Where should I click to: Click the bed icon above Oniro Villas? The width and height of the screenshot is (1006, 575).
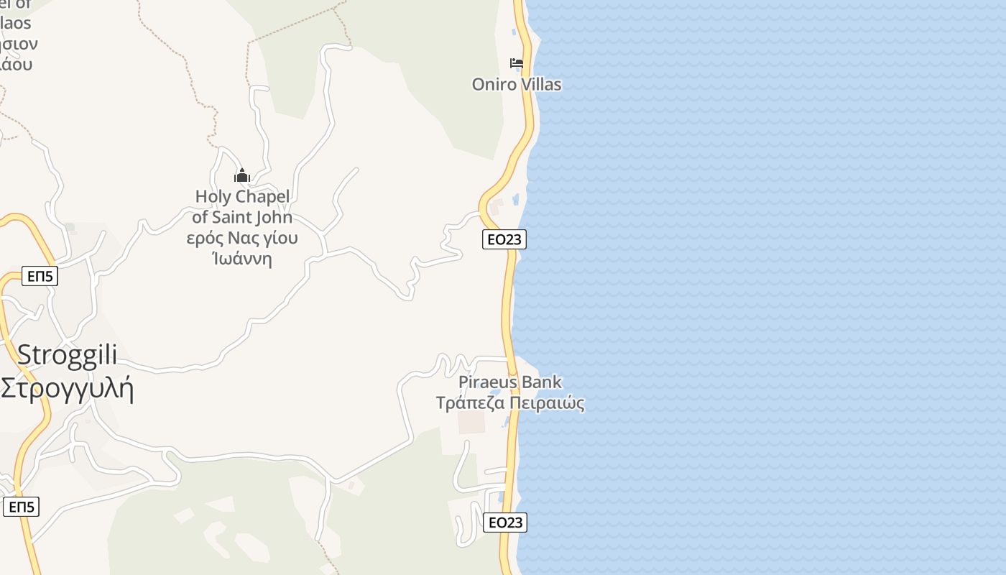[516, 63]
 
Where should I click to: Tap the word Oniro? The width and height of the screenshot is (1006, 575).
[494, 84]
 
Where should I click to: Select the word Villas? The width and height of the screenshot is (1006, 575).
[540, 84]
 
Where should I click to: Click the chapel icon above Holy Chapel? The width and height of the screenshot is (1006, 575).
[242, 175]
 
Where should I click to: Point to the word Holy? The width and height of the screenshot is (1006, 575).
[213, 196]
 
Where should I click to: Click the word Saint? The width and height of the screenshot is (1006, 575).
[236, 217]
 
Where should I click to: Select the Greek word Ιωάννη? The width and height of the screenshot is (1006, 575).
[242, 259]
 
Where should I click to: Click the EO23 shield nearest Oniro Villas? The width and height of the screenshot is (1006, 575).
[504, 239]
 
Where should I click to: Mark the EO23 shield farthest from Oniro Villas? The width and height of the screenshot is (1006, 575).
[504, 523]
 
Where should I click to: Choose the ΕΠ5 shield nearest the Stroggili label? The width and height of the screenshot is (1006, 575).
[40, 276]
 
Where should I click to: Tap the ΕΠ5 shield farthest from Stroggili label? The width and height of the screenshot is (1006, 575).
[21, 507]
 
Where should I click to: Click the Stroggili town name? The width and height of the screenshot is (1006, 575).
[67, 355]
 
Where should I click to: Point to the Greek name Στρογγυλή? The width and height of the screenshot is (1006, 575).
[67, 389]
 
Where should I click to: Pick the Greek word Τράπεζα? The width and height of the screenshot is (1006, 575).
[470, 403]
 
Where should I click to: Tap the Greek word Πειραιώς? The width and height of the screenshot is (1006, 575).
[547, 403]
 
